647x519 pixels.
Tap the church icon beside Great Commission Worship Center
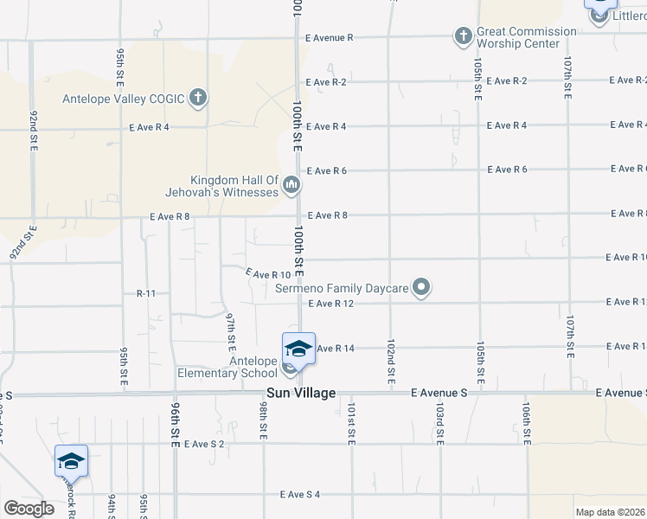coord(463,36)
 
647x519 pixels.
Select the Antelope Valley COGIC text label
coord(124,99)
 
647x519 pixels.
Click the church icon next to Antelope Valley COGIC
coord(198,97)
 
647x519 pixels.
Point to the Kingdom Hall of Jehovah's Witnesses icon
coord(291,184)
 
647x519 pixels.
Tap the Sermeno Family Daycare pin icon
coord(421,286)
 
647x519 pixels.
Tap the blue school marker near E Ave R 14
coord(298,348)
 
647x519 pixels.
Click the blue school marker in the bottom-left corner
coord(71,461)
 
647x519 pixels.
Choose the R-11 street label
coord(145,294)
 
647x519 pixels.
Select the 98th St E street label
coord(263,420)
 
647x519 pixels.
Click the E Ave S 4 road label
coord(299,495)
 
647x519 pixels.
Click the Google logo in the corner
coord(29,508)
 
